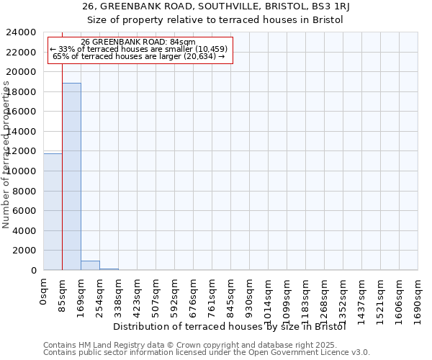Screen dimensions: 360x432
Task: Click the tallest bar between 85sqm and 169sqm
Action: click(x=71, y=176)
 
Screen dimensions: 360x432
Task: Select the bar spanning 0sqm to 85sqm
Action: click(x=53, y=212)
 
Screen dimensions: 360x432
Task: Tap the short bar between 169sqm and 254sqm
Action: click(x=90, y=266)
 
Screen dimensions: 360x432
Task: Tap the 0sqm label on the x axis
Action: click(x=44, y=291)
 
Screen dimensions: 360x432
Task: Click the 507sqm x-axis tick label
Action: click(x=156, y=295)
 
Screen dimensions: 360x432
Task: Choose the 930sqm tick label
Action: click(x=250, y=295)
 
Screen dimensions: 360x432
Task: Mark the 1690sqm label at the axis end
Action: click(x=418, y=298)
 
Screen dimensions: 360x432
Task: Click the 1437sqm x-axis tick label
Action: click(x=362, y=298)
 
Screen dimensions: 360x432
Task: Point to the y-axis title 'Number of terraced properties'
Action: click(x=6, y=155)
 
